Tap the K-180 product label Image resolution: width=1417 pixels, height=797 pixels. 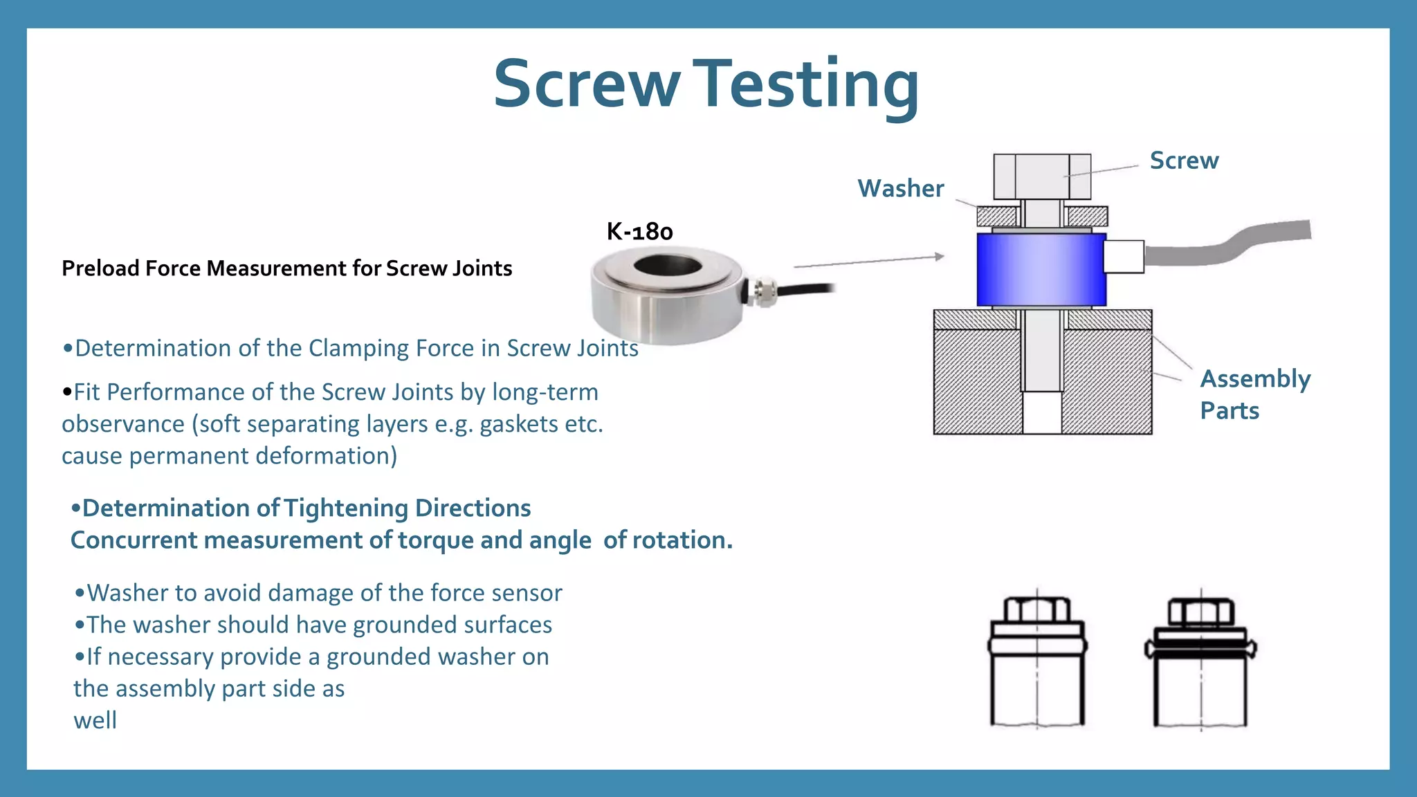pyautogui.click(x=639, y=231)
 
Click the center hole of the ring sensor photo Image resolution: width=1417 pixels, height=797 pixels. pyautogui.click(x=668, y=265)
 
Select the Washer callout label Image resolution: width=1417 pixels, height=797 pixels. pyautogui.click(x=900, y=188)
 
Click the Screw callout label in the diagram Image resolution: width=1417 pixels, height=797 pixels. pyautogui.click(x=1184, y=161)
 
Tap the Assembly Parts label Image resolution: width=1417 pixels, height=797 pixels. pyautogui.click(x=1254, y=394)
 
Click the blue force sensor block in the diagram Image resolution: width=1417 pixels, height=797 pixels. pyautogui.click(x=1041, y=270)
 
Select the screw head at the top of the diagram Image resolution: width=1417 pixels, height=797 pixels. pyautogui.click(x=1041, y=176)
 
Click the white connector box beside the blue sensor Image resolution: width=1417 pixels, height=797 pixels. pyautogui.click(x=1123, y=257)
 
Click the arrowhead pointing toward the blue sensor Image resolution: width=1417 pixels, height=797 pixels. pyautogui.click(x=939, y=257)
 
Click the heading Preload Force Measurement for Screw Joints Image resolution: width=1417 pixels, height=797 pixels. pyautogui.click(x=286, y=268)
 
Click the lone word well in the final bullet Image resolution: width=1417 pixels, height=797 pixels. pyautogui.click(x=95, y=721)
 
